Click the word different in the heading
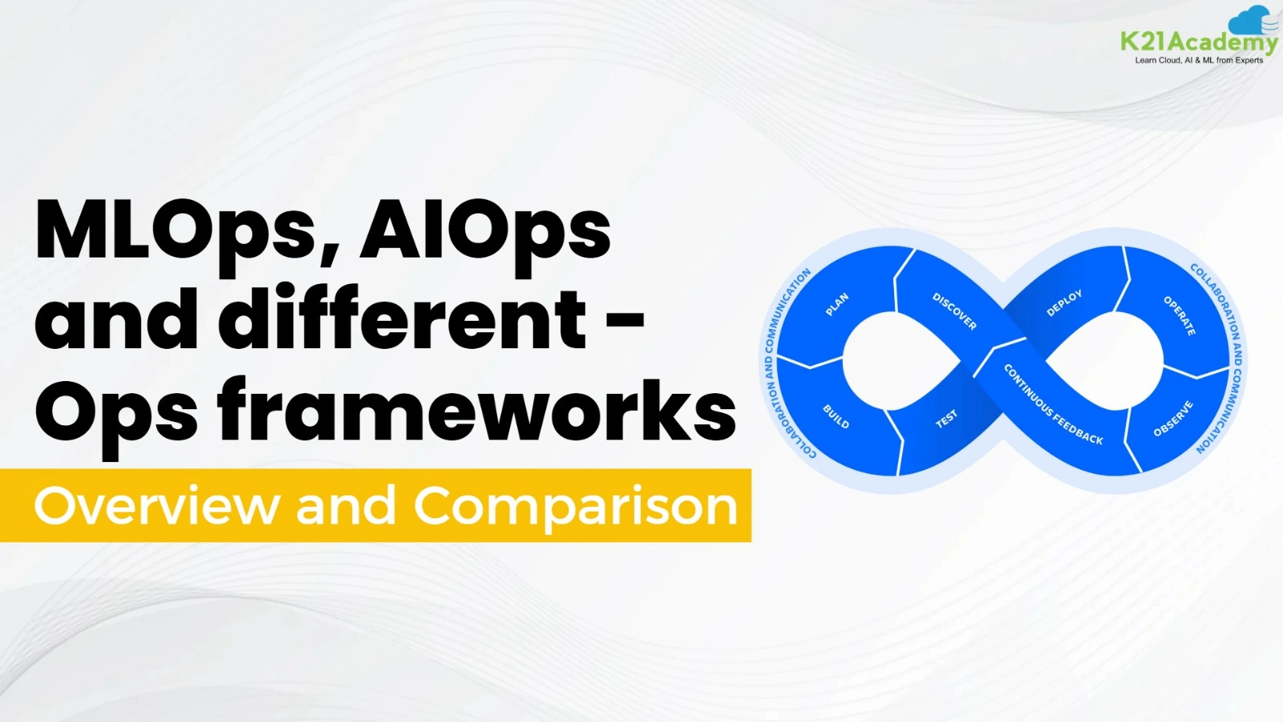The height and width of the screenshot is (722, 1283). [x=403, y=319]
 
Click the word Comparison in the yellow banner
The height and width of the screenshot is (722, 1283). [x=575, y=506]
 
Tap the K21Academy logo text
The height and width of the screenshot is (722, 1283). [x=1199, y=43]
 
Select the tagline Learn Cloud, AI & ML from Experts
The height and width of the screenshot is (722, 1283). [x=1199, y=60]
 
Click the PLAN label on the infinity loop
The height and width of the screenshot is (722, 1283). [x=837, y=304]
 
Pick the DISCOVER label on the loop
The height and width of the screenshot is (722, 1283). [x=954, y=310]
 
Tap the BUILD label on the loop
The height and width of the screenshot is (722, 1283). [x=836, y=416]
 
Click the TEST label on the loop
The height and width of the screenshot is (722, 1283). [x=946, y=419]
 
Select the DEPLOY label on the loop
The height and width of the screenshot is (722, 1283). [x=1064, y=303]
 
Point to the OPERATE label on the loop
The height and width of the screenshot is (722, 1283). [x=1180, y=315]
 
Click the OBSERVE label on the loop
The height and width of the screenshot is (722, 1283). [x=1173, y=419]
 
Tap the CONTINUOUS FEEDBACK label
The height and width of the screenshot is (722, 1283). [x=1053, y=404]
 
